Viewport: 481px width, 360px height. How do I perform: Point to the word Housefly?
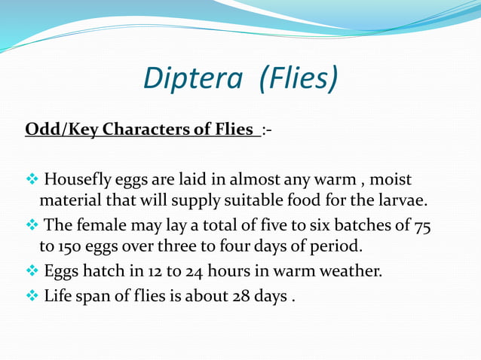[x=79, y=182]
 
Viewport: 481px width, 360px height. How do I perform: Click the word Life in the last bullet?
[x=58, y=296]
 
